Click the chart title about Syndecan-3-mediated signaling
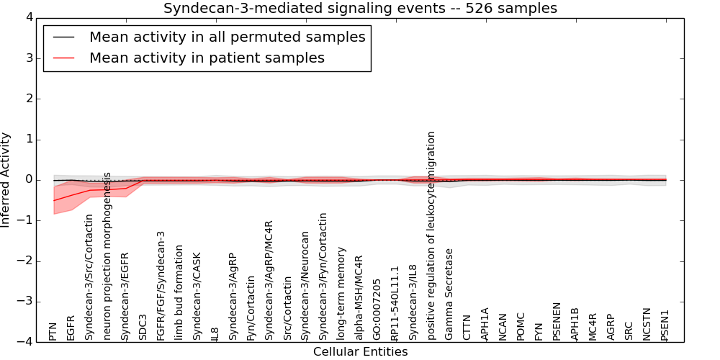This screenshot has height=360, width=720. click(x=360, y=9)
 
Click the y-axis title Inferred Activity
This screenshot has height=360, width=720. click(x=6, y=179)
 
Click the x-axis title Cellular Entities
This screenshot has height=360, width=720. click(x=360, y=351)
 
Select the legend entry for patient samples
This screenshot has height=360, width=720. click(x=207, y=58)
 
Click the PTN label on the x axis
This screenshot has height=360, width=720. click(x=53, y=331)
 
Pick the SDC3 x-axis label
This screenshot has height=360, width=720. click(x=143, y=328)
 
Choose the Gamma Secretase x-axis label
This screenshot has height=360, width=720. click(x=449, y=294)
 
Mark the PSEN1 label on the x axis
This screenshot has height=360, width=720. click(x=665, y=325)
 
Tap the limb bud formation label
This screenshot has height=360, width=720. click(x=179, y=292)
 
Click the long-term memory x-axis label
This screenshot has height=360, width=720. click(x=341, y=294)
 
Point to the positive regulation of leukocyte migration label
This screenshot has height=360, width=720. click(x=431, y=235)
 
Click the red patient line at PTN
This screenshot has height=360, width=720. click(x=54, y=200)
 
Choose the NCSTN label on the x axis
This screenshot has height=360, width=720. click(x=647, y=325)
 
